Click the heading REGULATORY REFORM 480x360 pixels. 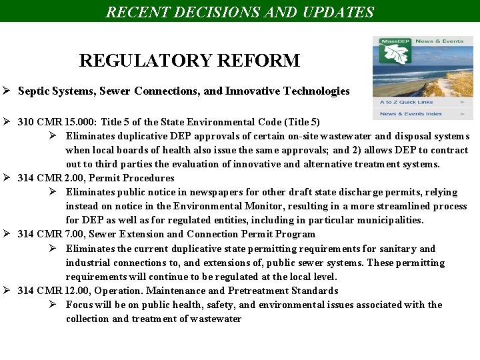(189, 61)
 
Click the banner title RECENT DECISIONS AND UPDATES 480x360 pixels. (240, 11)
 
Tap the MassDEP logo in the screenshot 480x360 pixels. (393, 50)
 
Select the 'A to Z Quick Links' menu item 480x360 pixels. (407, 102)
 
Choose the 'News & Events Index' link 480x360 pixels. (411, 114)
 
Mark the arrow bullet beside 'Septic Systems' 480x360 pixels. (6, 91)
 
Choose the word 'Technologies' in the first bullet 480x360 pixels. (316, 91)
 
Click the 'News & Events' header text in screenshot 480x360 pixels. (439, 41)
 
